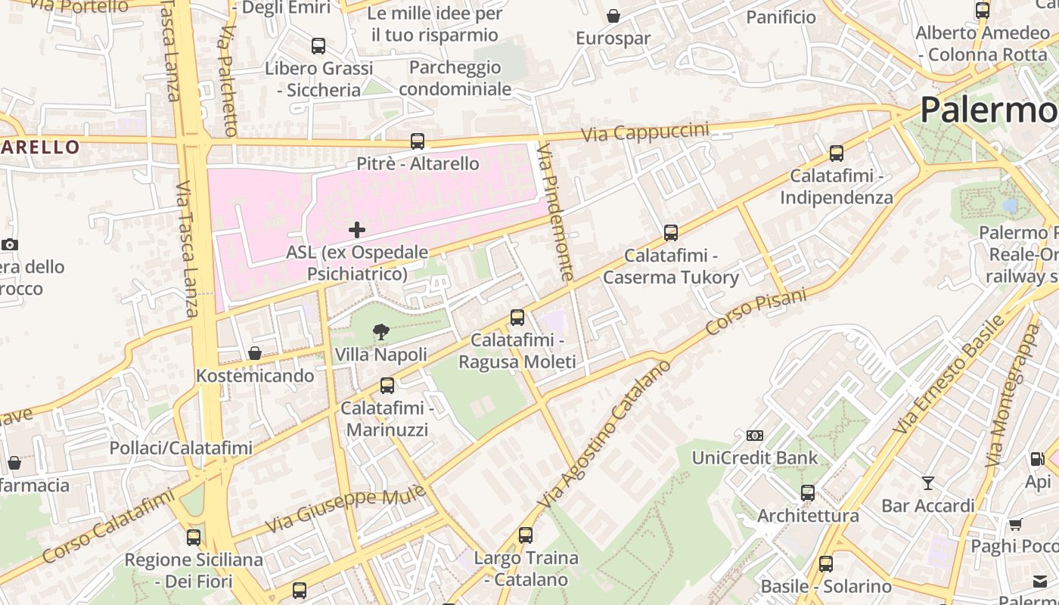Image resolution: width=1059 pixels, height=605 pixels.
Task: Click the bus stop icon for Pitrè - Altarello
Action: click(417, 141)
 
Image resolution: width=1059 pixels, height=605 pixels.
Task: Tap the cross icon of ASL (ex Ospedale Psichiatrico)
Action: click(357, 230)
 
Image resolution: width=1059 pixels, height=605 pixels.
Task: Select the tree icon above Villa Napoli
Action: click(381, 331)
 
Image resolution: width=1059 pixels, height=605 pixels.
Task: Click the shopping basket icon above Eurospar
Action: click(613, 16)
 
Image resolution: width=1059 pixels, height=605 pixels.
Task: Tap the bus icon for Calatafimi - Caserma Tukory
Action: click(670, 233)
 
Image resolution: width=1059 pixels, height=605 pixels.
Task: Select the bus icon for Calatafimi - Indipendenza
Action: click(836, 154)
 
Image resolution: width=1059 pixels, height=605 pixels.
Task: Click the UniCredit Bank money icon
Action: click(754, 436)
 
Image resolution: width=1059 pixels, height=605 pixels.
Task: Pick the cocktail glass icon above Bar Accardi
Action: click(928, 483)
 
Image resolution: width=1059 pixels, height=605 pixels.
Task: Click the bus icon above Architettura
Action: click(808, 493)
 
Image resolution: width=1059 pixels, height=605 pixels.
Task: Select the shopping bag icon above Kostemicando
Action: click(255, 353)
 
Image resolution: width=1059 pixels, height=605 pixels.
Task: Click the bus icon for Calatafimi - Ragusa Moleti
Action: click(517, 318)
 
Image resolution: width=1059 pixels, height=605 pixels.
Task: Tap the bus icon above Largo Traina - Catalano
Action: click(526, 535)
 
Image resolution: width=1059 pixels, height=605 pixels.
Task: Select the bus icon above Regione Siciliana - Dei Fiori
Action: click(194, 538)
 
